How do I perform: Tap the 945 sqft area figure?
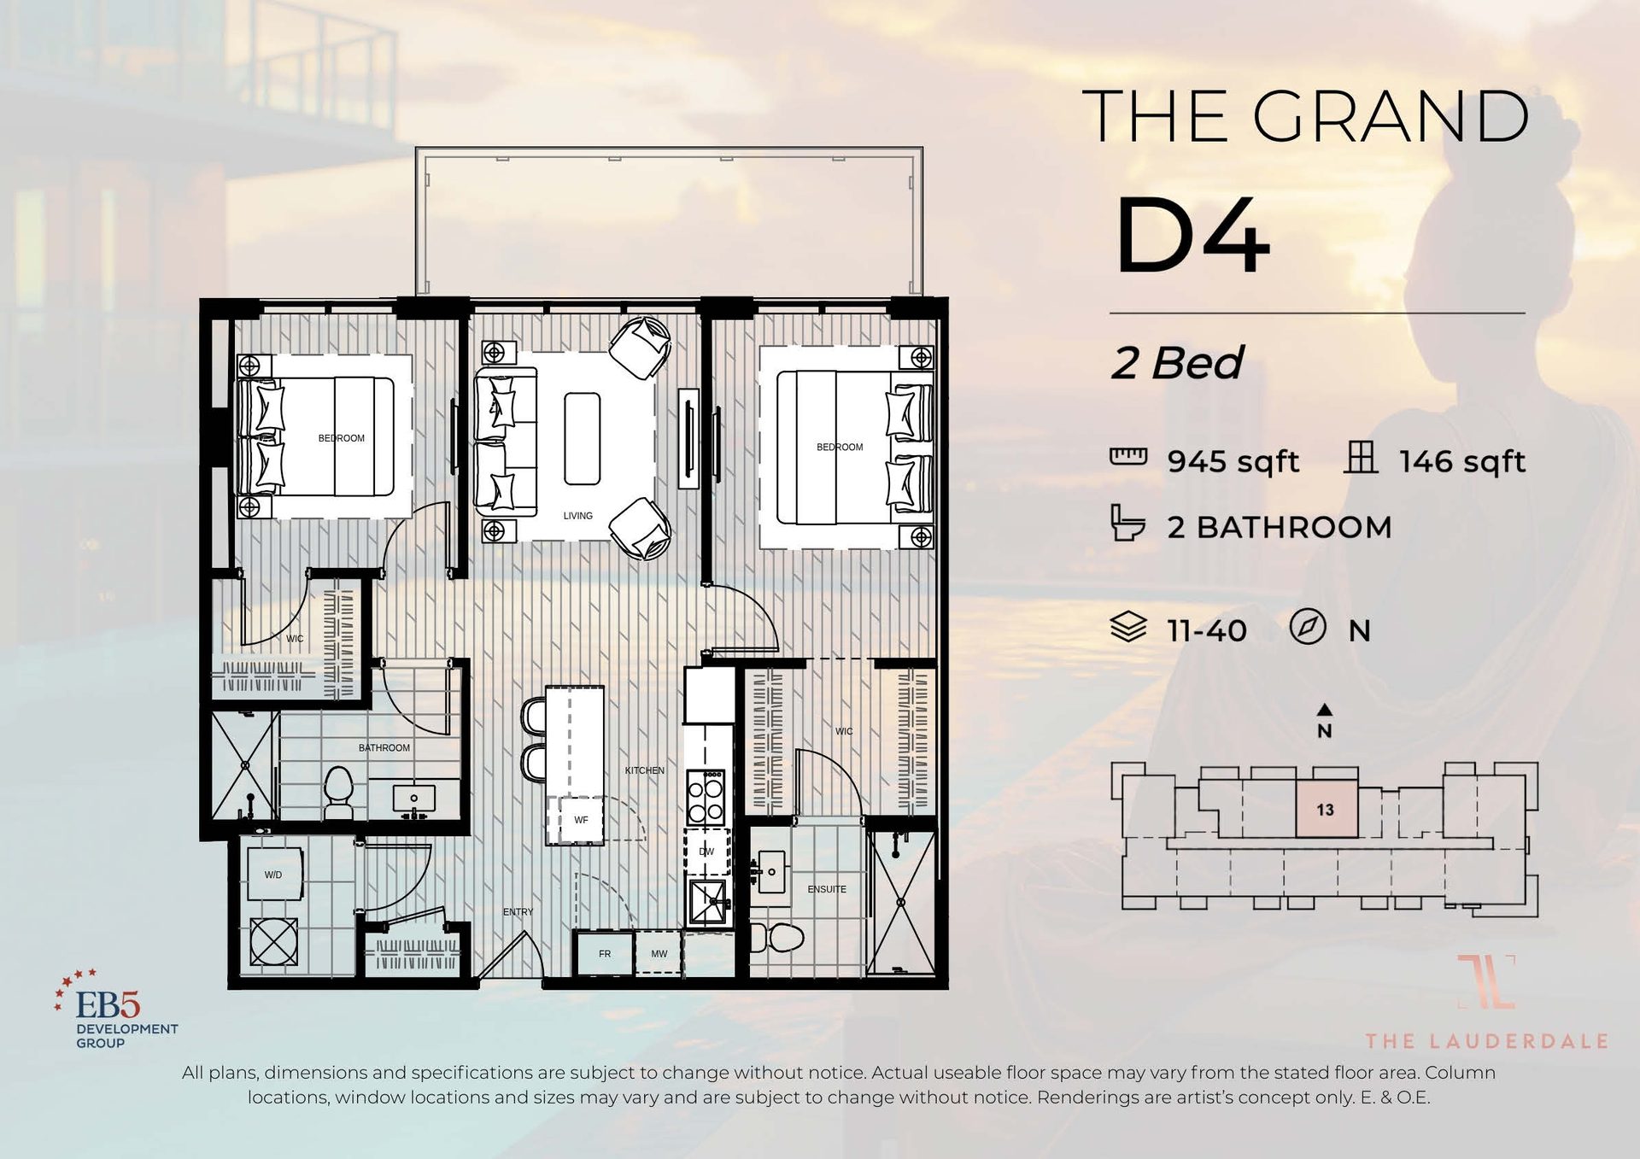coord(1233,461)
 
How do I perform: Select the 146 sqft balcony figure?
coord(1461,461)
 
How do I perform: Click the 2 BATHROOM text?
coord(1279,527)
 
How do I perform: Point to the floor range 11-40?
coord(1207,631)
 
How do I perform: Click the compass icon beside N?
coord(1307,627)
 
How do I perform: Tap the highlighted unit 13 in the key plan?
coord(1326,810)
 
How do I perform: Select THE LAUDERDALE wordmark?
coord(1486,1041)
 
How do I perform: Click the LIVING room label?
coord(577,516)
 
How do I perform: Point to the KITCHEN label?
coord(644,770)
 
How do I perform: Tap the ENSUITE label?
coord(826,889)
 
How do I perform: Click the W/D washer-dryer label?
coord(272,875)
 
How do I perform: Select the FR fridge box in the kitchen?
coord(605,953)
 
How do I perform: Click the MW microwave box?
coord(659,953)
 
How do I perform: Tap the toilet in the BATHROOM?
coord(339,790)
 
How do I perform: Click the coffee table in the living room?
coord(582,438)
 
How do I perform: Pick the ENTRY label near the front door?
coord(518,912)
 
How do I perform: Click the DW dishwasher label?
coord(706,852)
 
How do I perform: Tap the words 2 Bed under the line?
coord(1177,363)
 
